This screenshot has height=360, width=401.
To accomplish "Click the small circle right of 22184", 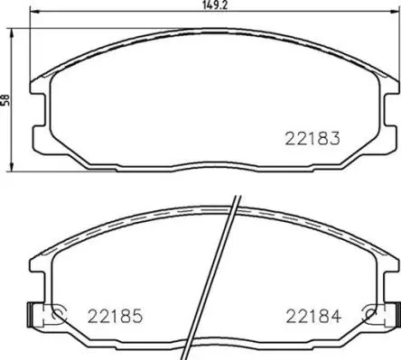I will tap(367, 315).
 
